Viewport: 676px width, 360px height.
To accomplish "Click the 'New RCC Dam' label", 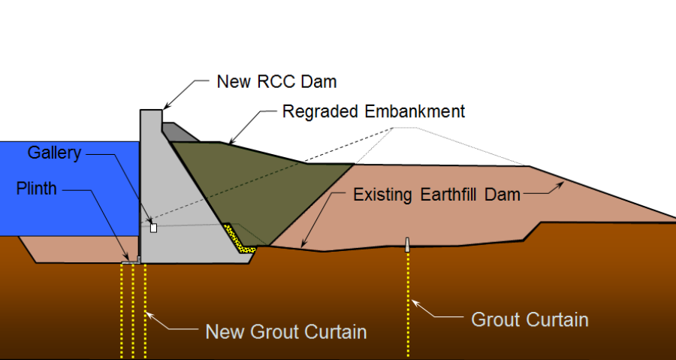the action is pyautogui.click(x=276, y=81).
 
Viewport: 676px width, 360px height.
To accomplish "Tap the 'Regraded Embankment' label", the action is pyautogui.click(x=373, y=111).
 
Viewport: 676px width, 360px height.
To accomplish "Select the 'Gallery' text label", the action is pyautogui.click(x=54, y=153).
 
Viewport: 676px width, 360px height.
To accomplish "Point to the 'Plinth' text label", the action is pyautogui.click(x=37, y=189).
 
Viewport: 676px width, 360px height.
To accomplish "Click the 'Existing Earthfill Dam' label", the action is pyautogui.click(x=436, y=195).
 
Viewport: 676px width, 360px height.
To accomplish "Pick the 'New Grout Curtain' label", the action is pyautogui.click(x=286, y=331).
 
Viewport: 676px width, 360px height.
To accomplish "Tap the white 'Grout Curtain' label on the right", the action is pyautogui.click(x=530, y=319).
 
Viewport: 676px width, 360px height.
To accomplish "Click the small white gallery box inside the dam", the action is pyautogui.click(x=153, y=228).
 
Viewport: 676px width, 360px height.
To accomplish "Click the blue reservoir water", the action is pyautogui.click(x=69, y=189).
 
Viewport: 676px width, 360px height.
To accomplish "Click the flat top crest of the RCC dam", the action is pyautogui.click(x=151, y=110).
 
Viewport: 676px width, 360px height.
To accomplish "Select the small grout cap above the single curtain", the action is pyautogui.click(x=407, y=244).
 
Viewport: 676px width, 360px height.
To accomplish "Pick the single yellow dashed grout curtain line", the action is pyautogui.click(x=408, y=304).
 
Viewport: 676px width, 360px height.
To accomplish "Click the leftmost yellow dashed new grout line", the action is pyautogui.click(x=122, y=311).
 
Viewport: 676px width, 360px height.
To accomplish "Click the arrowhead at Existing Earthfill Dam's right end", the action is pyautogui.click(x=560, y=185).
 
